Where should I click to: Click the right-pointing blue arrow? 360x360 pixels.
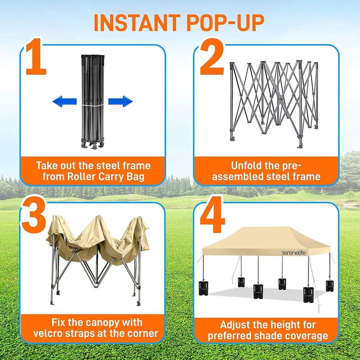pos(120,101)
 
